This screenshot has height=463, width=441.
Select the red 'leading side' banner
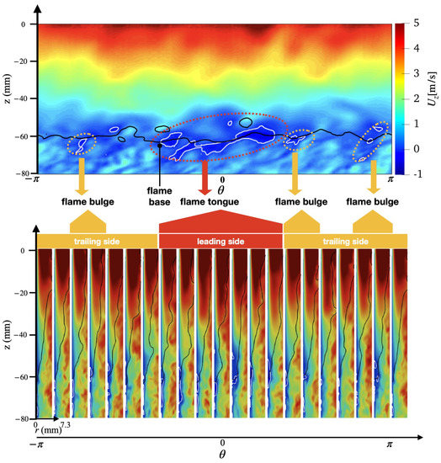click(220, 242)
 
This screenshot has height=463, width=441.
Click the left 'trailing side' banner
click(96, 242)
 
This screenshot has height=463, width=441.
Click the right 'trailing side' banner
click(345, 242)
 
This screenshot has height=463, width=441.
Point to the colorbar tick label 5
click(418, 25)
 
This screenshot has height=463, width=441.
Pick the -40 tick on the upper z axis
click(22, 98)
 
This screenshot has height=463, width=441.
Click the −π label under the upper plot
click(35, 179)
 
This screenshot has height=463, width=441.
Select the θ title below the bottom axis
click(221, 454)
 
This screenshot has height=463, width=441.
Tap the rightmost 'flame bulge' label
click(373, 202)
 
